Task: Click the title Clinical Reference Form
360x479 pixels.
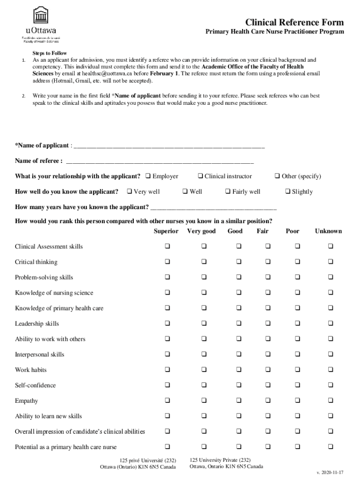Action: coord(295,22)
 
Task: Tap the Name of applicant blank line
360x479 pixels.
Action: coord(169,146)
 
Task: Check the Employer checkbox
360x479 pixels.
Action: coord(148,176)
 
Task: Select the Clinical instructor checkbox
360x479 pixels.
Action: coord(200,176)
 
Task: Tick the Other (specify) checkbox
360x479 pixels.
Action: coord(277,176)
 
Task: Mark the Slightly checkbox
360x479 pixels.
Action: coord(288,192)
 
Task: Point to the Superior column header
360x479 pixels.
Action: coord(166,231)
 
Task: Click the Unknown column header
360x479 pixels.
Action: coord(328,231)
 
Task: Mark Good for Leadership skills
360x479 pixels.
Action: coord(238,324)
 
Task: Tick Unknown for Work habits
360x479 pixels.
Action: coord(331,370)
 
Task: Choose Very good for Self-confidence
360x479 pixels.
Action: coord(204,385)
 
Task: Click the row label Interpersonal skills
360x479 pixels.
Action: coord(40,355)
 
